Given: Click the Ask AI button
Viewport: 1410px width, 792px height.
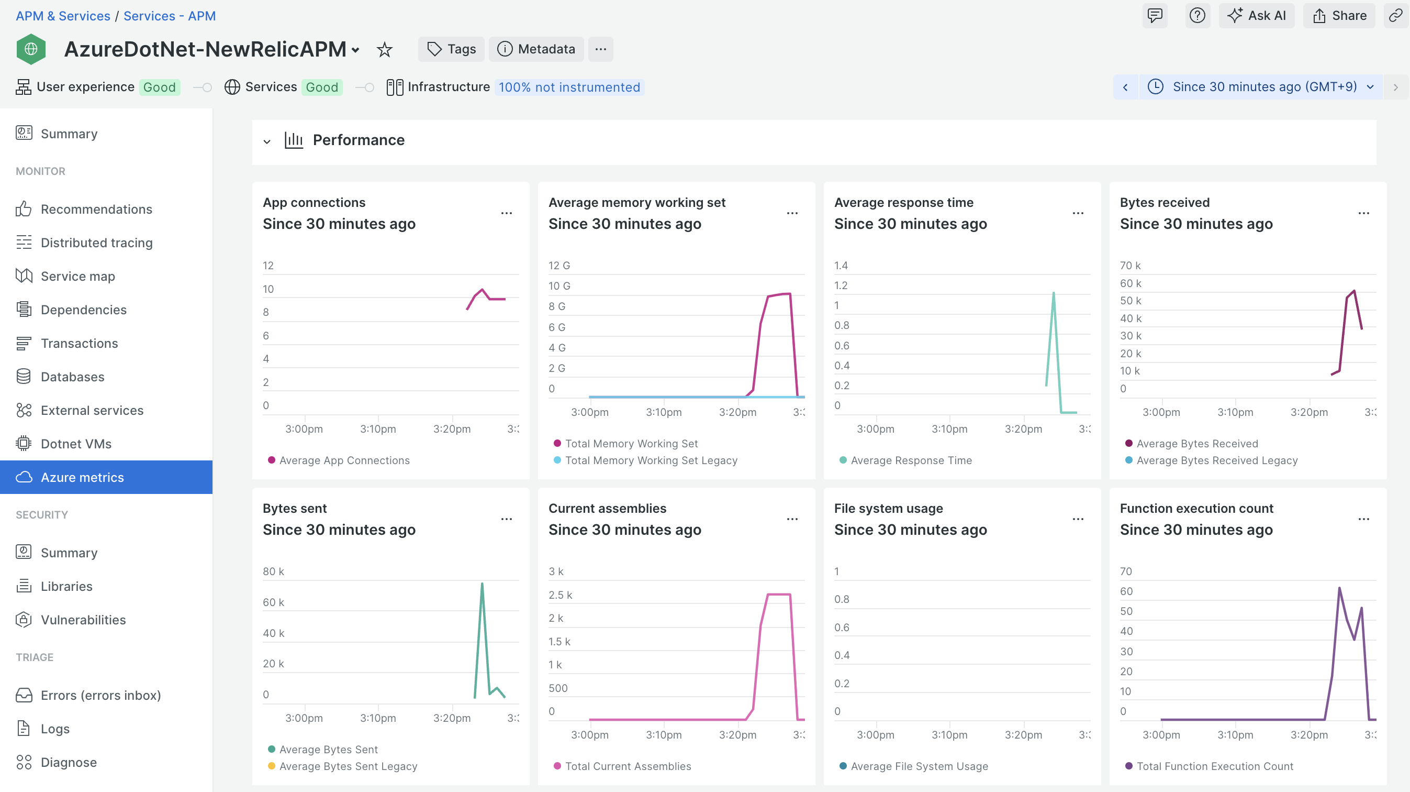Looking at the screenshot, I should tap(1256, 15).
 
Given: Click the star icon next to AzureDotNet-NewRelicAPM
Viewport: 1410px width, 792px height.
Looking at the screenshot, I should tap(385, 50).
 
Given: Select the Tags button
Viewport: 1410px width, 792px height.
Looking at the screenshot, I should tap(451, 49).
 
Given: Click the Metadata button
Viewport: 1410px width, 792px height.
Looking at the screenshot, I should tap(536, 49).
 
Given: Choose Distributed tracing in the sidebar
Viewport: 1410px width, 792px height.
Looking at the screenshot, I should tap(96, 243).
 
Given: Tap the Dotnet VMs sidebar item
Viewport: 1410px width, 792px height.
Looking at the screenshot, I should tap(76, 444).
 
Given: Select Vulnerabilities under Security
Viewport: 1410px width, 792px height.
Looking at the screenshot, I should tap(83, 620).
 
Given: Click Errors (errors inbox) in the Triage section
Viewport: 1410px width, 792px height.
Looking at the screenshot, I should tap(100, 695).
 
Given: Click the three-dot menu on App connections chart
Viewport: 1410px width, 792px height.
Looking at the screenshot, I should tap(506, 213).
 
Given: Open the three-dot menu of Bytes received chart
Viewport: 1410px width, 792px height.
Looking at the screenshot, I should tap(1363, 213).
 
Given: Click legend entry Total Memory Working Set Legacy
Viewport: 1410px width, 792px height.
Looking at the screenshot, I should tap(651, 460).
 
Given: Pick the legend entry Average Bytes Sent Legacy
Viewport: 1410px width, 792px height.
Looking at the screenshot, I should tap(348, 766).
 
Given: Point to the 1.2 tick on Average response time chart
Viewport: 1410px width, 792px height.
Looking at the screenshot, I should tap(841, 285).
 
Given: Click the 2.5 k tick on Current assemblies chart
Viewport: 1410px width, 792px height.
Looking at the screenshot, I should tap(560, 595).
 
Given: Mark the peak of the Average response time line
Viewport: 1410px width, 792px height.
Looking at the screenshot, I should tap(1053, 293).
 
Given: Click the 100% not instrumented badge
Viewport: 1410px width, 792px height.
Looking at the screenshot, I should tap(569, 87).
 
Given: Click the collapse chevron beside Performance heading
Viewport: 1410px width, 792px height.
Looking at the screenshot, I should tap(266, 141).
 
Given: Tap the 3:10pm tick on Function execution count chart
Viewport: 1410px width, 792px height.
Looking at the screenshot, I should tap(1235, 734).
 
